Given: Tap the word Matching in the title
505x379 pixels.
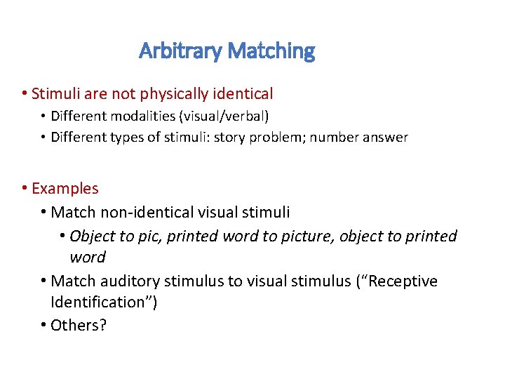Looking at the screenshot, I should [271, 51].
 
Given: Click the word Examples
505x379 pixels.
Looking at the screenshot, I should [65, 189].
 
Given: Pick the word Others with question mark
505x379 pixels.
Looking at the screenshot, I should [79, 326].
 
